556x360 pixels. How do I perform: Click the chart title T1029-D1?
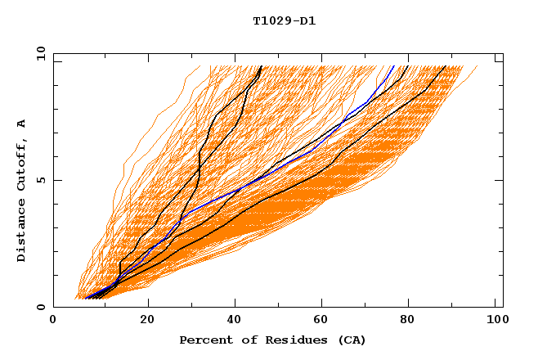coord(284,21)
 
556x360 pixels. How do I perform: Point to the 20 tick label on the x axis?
coord(147,322)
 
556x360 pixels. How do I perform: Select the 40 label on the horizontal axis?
coord(235,322)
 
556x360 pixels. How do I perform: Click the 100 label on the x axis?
coord(495,322)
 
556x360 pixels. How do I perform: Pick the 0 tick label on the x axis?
coord(53,322)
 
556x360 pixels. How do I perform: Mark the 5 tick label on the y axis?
coord(40,180)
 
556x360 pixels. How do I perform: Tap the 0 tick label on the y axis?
coord(40,307)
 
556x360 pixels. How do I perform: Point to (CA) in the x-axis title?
coord(352,340)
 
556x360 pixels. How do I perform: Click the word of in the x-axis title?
coord(240,340)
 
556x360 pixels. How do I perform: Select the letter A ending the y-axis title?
coord(22,123)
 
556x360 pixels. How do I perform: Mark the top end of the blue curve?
coord(393,66)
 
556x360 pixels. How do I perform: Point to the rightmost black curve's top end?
coord(446,66)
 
